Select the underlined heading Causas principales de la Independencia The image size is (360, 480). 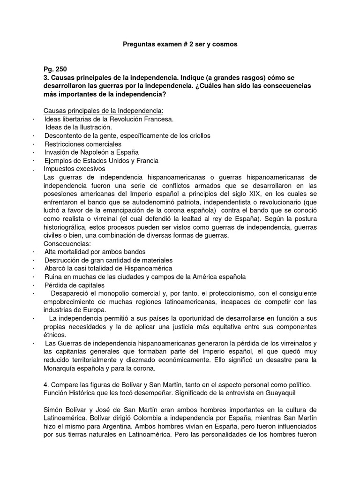click(104, 111)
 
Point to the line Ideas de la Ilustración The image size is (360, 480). click(78, 127)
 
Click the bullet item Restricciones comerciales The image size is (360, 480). click(82, 144)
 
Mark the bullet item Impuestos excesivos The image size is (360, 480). click(75, 169)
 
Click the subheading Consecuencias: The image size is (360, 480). click(67, 244)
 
